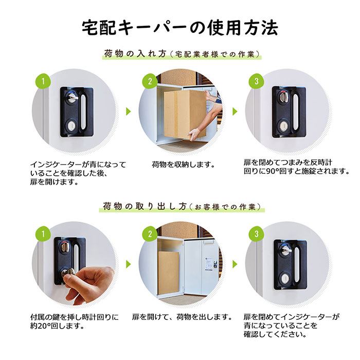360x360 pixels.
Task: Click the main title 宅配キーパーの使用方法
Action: pyautogui.click(x=180, y=28)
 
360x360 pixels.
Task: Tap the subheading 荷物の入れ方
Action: pyautogui.click(x=135, y=54)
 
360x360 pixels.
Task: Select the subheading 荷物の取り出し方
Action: pyautogui.click(x=145, y=206)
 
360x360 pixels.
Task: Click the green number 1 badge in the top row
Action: pyautogui.click(x=43, y=81)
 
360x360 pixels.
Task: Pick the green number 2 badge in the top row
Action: pyautogui.click(x=150, y=81)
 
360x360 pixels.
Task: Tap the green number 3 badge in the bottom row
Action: pyautogui.click(x=257, y=234)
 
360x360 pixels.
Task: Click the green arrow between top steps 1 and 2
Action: pyautogui.click(x=129, y=112)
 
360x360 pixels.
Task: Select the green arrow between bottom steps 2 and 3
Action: pyautogui.click(x=235, y=264)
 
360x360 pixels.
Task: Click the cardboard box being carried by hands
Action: pyautogui.click(x=185, y=114)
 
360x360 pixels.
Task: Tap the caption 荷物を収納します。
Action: pyautogui.click(x=183, y=165)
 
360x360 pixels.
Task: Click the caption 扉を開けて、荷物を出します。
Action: pyautogui.click(x=182, y=317)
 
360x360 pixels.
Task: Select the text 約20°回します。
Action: pyautogui.click(x=58, y=326)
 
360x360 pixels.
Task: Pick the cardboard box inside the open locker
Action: pyautogui.click(x=169, y=273)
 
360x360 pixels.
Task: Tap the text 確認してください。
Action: pyautogui.click(x=275, y=334)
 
